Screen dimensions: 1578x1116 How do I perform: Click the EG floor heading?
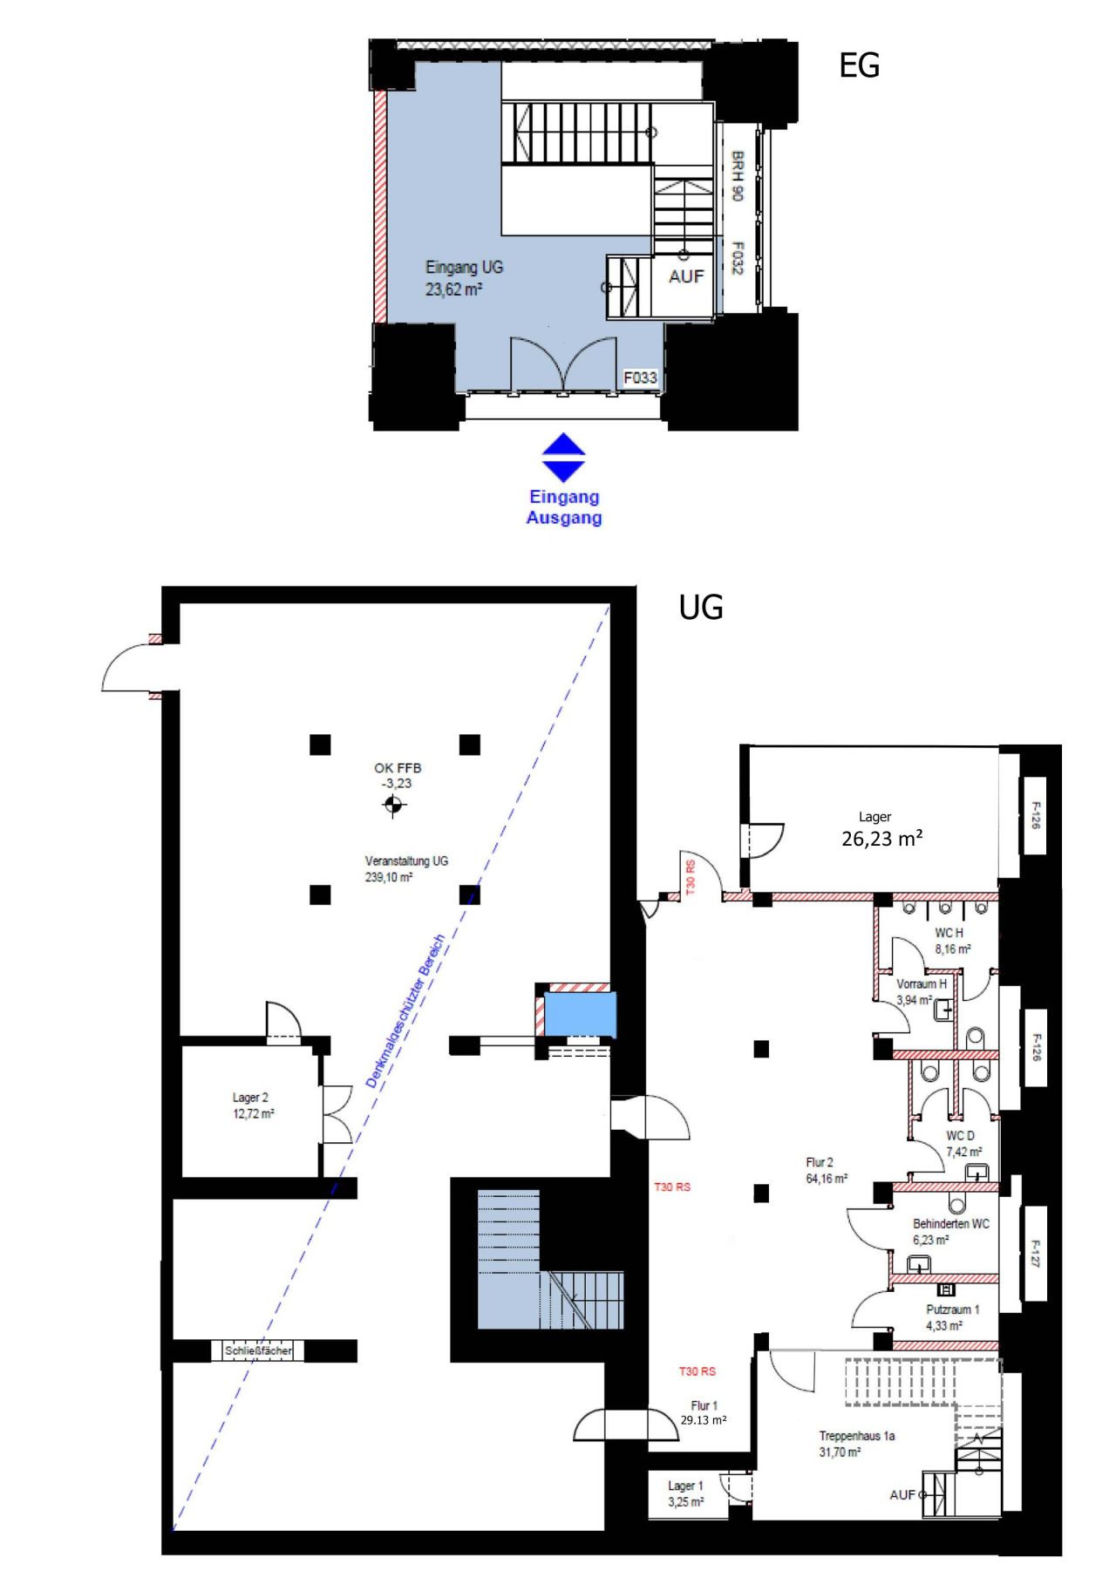[859, 66]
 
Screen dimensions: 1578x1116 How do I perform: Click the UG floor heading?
[700, 608]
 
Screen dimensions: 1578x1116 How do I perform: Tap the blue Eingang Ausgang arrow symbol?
[563, 458]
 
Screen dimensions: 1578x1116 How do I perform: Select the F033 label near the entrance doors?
[639, 377]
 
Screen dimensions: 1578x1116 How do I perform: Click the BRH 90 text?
[737, 177]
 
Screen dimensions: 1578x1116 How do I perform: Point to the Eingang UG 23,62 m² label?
[463, 278]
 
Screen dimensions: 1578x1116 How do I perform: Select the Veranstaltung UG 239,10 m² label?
[405, 869]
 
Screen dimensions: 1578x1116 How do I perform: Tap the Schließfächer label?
[259, 1350]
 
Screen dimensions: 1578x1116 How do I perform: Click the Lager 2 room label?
[252, 1105]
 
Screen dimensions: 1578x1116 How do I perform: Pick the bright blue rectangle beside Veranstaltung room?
[581, 1015]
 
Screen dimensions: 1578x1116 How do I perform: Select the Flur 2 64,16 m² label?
[825, 1170]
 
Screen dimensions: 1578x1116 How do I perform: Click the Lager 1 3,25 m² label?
[685, 1493]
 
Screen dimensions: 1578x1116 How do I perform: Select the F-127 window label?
[1035, 1254]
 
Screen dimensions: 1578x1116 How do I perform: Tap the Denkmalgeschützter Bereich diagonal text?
[405, 1011]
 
